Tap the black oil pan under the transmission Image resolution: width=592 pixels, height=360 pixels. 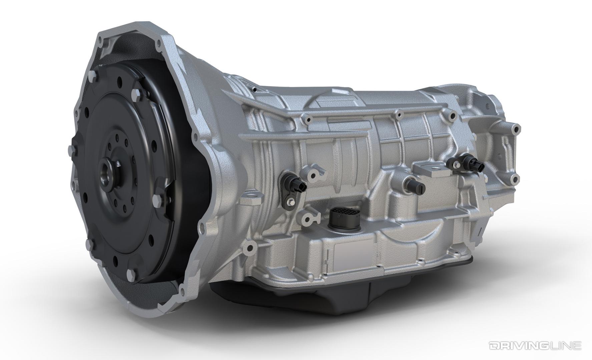point(300,293)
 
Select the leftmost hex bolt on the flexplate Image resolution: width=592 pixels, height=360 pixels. point(70,148)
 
